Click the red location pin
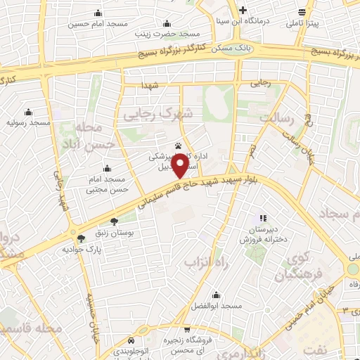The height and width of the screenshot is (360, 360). (181, 165)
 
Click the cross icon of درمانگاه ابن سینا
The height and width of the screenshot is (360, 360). (243, 11)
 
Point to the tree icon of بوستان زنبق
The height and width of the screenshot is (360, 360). (115, 221)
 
